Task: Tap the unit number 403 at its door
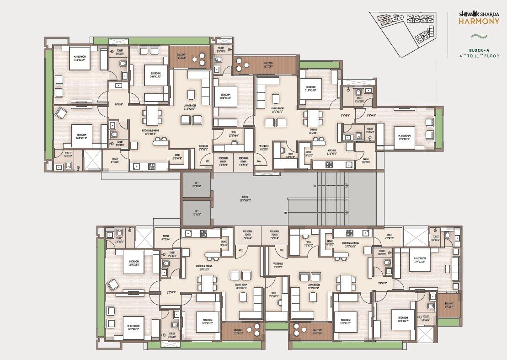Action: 207,161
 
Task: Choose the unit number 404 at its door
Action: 259,161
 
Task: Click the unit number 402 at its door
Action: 240,250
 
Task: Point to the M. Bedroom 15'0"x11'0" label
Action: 404,137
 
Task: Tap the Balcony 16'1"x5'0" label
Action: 268,64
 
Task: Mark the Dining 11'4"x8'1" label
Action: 314,131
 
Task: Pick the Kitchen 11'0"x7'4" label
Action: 331,151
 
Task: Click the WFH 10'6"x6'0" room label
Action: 233,134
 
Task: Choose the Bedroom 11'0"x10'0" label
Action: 310,88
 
